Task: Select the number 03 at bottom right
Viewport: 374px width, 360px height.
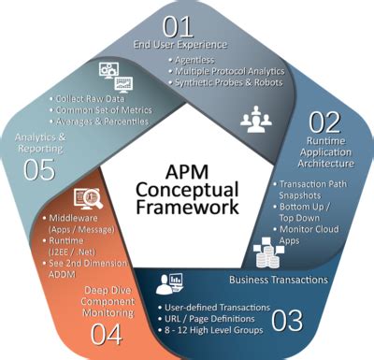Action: (x=286, y=321)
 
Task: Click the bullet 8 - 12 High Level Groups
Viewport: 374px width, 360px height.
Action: (x=211, y=331)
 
